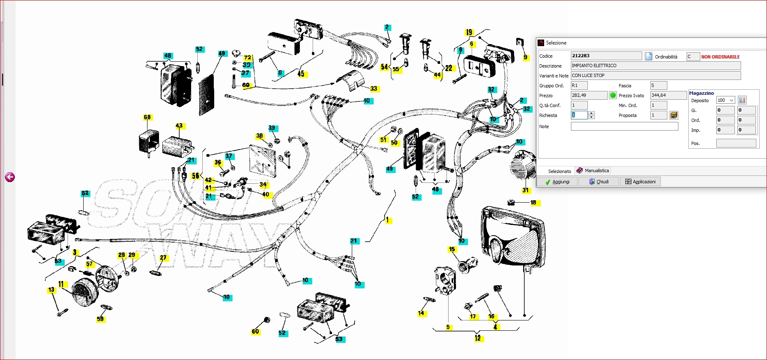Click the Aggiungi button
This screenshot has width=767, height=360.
[x=557, y=182]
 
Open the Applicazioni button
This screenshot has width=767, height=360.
[x=640, y=182]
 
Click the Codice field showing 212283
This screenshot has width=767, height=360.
[x=606, y=56]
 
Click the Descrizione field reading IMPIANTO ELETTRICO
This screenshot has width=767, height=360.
[x=655, y=65]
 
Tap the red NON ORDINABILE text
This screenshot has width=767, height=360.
[x=720, y=57]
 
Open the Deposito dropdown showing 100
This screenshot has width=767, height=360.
[x=726, y=100]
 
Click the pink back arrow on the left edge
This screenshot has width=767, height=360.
[x=10, y=177]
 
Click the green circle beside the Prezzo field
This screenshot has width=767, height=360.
[x=613, y=96]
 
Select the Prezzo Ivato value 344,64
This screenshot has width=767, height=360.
[x=668, y=95]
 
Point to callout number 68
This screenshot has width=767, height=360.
[x=147, y=117]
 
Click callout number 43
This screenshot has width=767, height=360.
[x=179, y=126]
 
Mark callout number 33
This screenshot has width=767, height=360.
[x=374, y=89]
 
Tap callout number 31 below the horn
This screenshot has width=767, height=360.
[x=525, y=190]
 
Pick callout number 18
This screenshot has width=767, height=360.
[x=533, y=203]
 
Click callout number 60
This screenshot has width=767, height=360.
[x=255, y=331]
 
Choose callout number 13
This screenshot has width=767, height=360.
[x=51, y=290]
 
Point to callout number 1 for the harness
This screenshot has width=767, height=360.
[x=387, y=220]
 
